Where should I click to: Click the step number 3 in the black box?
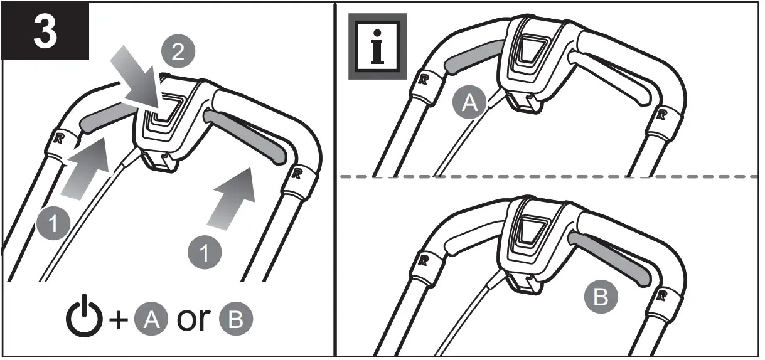46,31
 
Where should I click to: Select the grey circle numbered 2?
178,52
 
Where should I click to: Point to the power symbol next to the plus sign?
85,319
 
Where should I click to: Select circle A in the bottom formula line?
152,320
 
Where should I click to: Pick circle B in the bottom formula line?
235,320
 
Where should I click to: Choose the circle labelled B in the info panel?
601,297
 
